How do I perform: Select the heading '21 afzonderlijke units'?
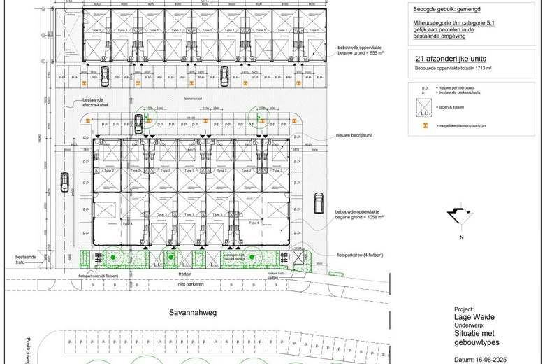451,59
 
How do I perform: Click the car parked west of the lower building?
64,182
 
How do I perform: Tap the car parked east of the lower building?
319,203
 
